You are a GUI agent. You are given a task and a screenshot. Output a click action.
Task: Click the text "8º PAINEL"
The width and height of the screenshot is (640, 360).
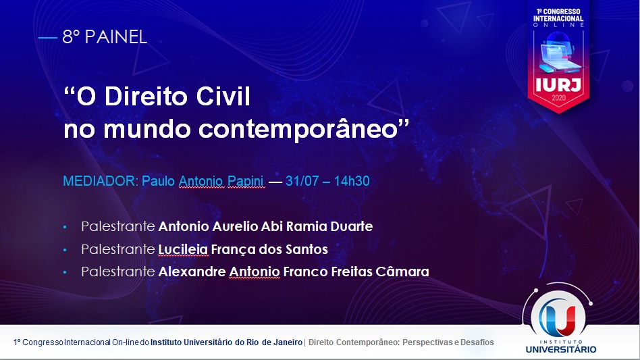(105, 37)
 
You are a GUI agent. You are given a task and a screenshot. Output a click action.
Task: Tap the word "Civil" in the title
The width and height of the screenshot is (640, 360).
(223, 97)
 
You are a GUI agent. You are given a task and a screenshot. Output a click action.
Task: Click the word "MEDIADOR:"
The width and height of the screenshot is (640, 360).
(101, 181)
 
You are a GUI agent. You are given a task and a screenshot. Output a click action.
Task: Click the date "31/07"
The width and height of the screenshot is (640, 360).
(302, 181)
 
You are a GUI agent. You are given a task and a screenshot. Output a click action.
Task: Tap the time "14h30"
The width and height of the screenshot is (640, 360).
(352, 181)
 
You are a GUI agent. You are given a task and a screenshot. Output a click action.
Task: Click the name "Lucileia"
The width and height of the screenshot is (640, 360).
(183, 249)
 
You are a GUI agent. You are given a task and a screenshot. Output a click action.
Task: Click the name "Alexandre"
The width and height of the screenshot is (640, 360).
(192, 272)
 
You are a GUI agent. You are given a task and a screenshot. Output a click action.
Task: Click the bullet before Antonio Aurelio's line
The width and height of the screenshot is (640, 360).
(65, 227)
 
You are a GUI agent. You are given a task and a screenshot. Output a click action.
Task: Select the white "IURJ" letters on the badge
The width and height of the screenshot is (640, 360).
(558, 85)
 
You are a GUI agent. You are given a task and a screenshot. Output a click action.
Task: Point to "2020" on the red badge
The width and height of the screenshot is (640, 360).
(559, 98)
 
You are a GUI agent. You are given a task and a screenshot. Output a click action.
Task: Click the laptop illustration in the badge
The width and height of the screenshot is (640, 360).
(558, 52)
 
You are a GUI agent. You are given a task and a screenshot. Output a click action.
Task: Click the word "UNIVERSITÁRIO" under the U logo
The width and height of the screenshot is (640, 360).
(561, 349)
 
